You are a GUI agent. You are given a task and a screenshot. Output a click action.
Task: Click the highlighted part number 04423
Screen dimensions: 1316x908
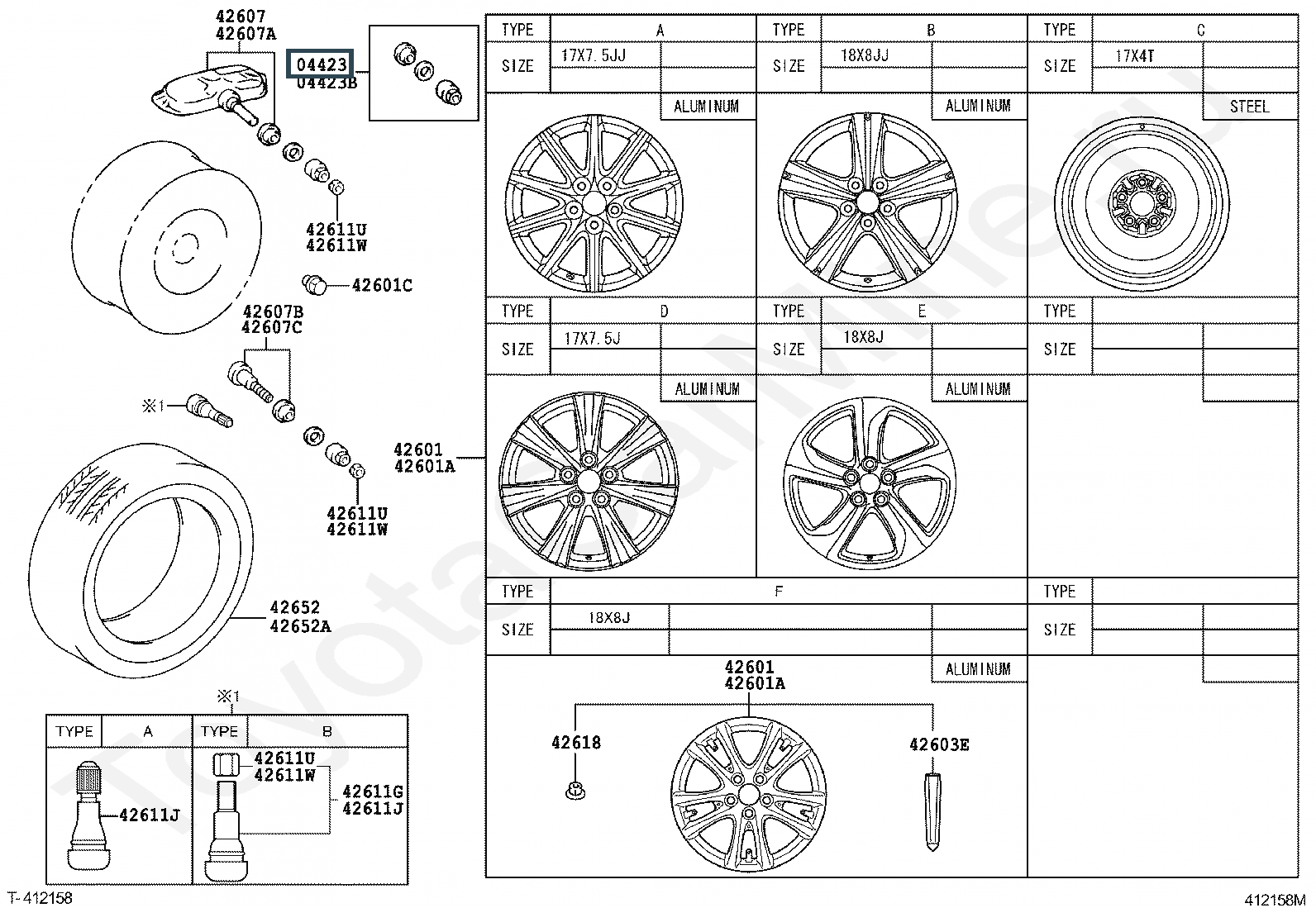(x=320, y=64)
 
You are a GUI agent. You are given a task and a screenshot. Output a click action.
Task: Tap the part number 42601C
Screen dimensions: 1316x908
(x=382, y=285)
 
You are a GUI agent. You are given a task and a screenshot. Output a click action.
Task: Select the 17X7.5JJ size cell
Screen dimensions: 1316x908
(x=594, y=56)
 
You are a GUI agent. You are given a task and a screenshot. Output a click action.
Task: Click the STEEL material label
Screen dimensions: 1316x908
(x=1249, y=107)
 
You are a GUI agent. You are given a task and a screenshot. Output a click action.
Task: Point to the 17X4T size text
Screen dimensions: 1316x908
(x=1134, y=56)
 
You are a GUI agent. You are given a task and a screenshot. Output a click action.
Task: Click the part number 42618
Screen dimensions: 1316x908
(x=576, y=743)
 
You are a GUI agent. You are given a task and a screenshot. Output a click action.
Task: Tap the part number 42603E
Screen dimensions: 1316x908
(x=939, y=744)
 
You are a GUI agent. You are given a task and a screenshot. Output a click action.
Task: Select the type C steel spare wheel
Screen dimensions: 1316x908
(x=1142, y=204)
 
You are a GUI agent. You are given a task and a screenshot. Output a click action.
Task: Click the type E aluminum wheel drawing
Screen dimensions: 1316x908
(x=869, y=483)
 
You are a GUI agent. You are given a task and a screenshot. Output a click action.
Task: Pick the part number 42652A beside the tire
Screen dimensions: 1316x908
(x=300, y=626)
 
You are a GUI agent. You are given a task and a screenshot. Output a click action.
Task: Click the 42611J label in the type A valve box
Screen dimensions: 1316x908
(x=150, y=815)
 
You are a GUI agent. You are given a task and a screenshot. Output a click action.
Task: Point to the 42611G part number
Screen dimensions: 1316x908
(x=373, y=792)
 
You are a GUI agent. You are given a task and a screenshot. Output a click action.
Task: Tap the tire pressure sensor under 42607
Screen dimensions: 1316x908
(x=212, y=91)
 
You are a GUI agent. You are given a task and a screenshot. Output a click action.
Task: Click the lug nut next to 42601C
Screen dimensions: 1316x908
(x=313, y=284)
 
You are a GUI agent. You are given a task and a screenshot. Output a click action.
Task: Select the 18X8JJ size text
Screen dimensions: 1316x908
(x=864, y=55)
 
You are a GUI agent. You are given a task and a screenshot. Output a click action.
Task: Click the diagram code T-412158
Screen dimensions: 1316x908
(x=40, y=898)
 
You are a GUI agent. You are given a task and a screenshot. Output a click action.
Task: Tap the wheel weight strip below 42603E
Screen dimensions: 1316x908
(x=933, y=811)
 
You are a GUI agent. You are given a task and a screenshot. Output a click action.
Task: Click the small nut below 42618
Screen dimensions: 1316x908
(x=575, y=791)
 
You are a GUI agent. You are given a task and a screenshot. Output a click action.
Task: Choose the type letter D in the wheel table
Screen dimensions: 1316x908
(x=664, y=311)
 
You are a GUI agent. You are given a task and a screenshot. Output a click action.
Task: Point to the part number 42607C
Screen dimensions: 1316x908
(x=271, y=327)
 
